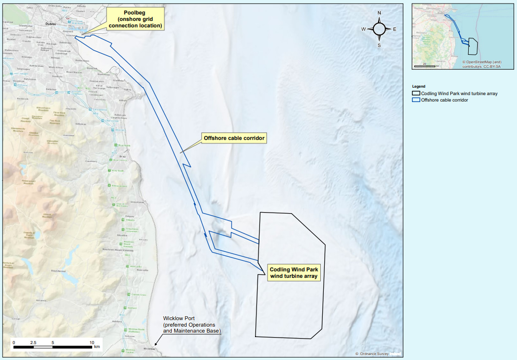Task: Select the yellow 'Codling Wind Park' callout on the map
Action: point(293,272)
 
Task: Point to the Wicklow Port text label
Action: point(192,325)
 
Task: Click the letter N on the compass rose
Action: point(379,13)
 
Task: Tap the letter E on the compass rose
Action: point(394,29)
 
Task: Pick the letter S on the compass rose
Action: point(379,45)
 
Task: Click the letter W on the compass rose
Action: point(364,29)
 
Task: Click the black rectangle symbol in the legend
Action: point(415,93)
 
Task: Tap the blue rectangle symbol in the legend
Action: point(415,100)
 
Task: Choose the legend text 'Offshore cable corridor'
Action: point(444,100)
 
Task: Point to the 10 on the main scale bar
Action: point(91,343)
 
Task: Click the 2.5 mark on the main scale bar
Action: point(33,343)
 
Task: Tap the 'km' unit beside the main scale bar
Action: point(97,347)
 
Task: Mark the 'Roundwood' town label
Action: point(58,270)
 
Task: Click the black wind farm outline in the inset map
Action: point(473,46)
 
